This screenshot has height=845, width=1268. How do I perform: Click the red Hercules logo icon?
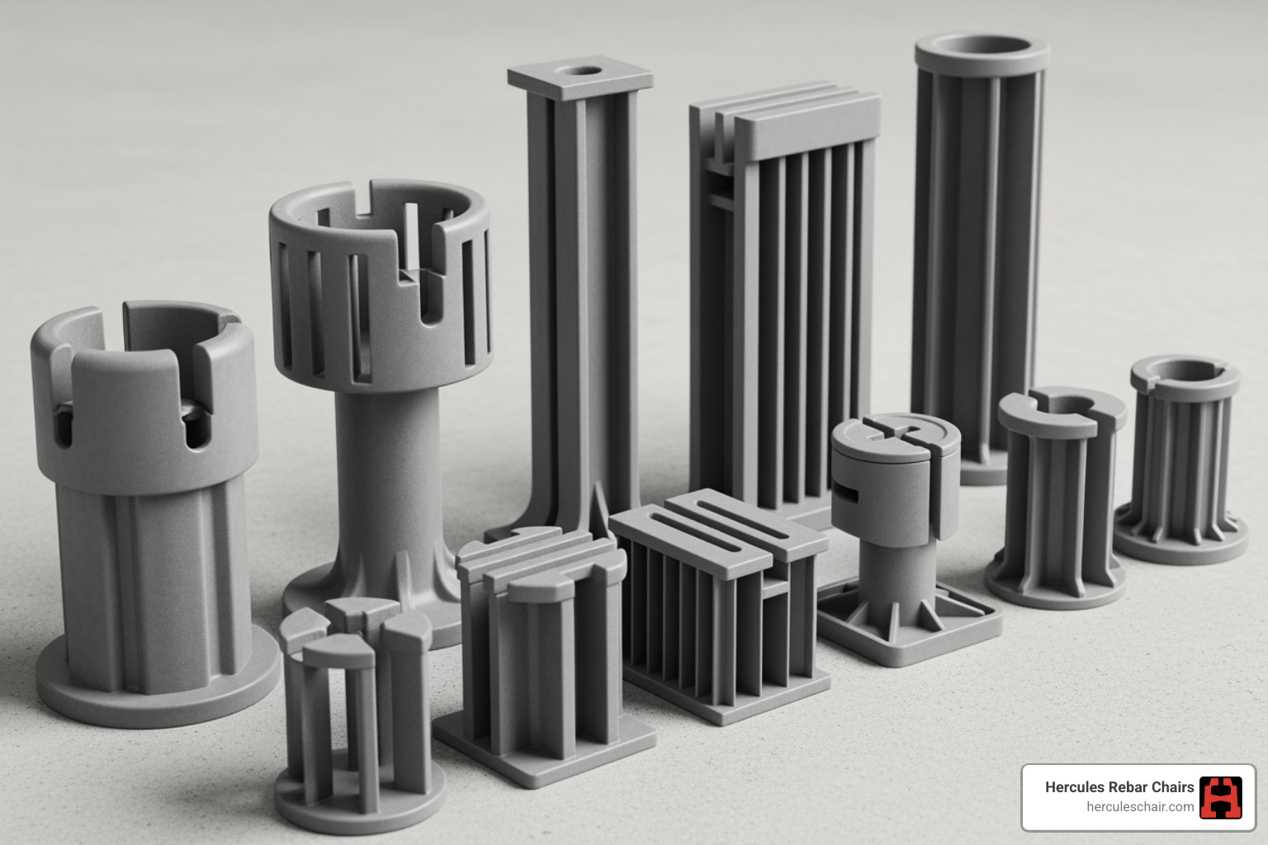coord(1220,797)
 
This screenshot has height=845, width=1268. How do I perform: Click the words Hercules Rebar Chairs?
coord(1119,787)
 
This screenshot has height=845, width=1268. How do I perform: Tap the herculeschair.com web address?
coord(1139,807)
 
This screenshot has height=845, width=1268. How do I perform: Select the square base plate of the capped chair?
coord(908,627)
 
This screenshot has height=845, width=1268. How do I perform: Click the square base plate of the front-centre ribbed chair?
coord(545,747)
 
